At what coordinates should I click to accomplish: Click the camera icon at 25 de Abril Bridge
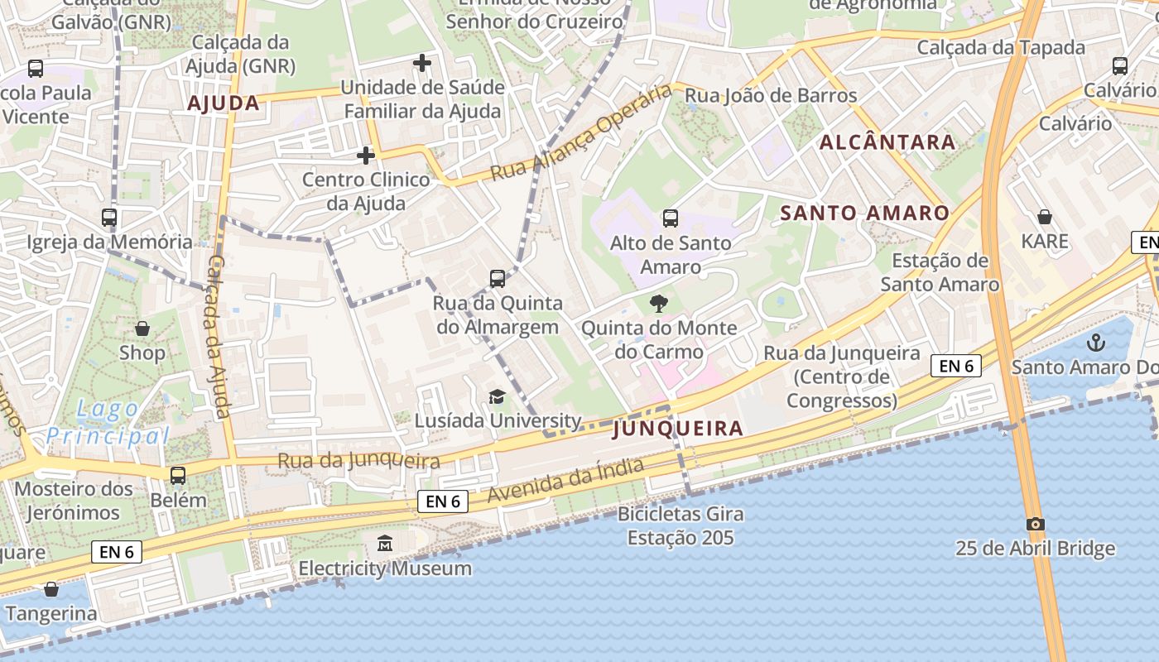(1035, 524)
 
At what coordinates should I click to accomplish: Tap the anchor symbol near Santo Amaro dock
(1096, 341)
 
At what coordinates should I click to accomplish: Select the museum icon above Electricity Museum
(385, 544)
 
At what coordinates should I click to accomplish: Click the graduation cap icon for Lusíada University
(497, 396)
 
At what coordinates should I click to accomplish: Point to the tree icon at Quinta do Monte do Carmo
(659, 303)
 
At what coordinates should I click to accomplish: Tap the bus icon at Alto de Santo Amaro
(671, 218)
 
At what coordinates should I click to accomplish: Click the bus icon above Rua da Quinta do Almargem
(498, 279)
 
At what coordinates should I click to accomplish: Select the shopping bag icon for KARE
(1045, 217)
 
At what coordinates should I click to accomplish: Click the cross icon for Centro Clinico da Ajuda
(365, 155)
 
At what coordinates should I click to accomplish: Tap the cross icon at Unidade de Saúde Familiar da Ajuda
(422, 62)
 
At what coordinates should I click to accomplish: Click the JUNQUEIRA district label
(678, 429)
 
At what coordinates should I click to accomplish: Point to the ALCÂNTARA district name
(887, 142)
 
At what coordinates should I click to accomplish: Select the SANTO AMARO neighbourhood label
(865, 213)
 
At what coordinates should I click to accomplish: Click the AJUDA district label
(224, 103)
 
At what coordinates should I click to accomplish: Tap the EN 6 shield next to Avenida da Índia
(443, 501)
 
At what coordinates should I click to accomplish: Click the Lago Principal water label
(108, 421)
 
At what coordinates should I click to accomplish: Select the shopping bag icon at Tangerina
(51, 589)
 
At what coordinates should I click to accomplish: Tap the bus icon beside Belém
(178, 476)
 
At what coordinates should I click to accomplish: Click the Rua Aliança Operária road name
(580, 133)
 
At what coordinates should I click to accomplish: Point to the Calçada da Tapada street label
(1000, 47)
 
